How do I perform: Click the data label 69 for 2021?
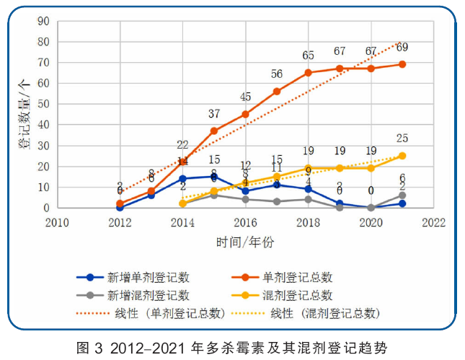coord(402,48)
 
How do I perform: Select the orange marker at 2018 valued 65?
coord(308,73)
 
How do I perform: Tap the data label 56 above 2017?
coord(277,74)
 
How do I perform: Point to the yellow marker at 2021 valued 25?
coord(402,156)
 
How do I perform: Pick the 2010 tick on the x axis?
coord(57,222)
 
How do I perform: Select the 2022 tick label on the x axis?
coord(433,222)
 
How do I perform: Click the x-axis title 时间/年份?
coord(245,240)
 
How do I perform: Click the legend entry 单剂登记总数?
coord(298,277)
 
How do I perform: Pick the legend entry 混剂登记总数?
coord(298,295)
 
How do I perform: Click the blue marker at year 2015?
coord(214,176)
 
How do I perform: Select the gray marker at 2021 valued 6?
coord(402,196)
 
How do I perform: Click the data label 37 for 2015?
coord(214,114)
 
